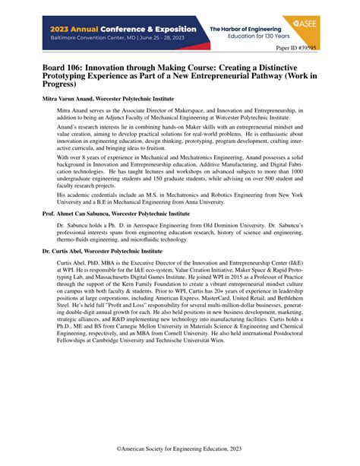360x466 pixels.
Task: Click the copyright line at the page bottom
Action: click(x=180, y=449)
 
